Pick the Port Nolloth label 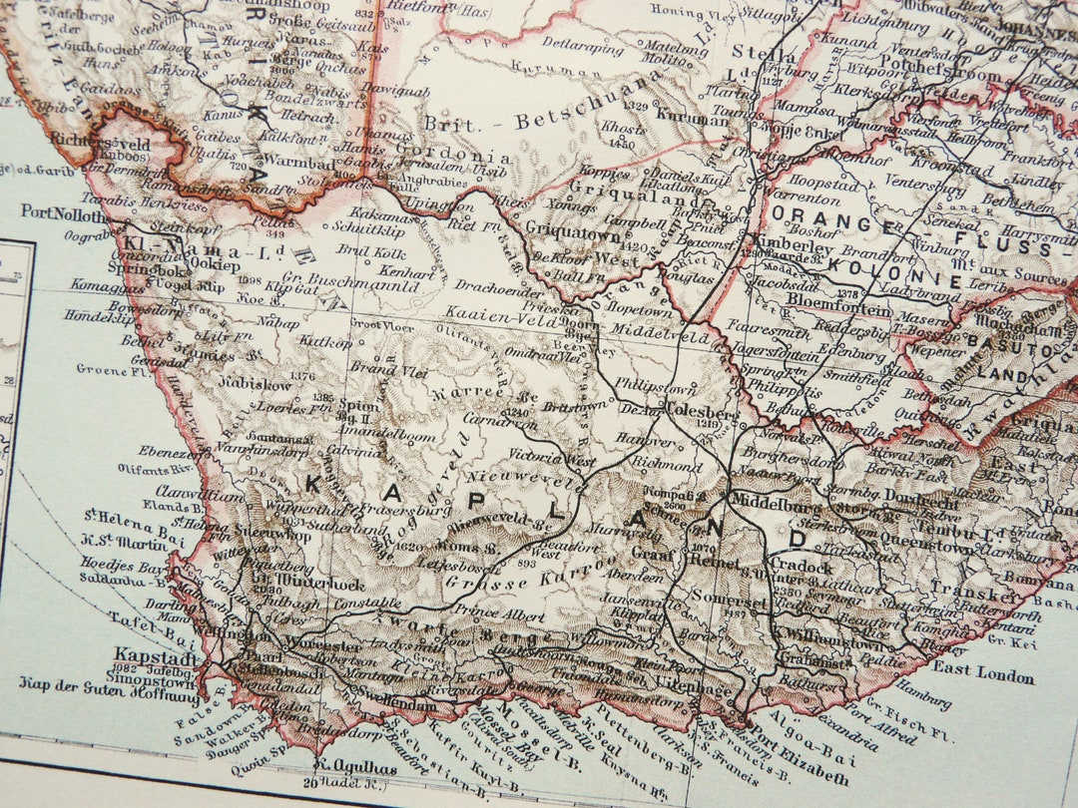62,212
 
